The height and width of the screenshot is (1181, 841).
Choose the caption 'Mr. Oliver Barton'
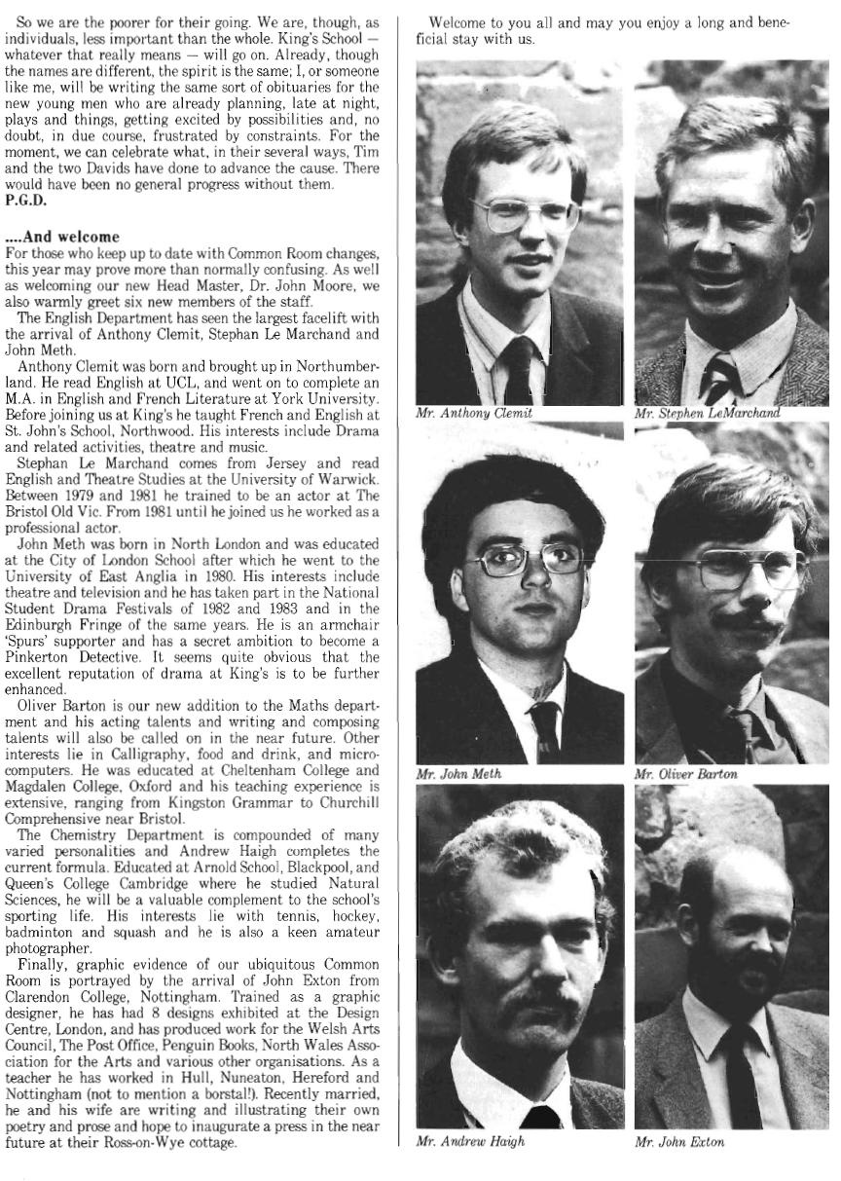pyautogui.click(x=685, y=774)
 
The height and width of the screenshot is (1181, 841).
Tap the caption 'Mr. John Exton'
pyautogui.click(x=679, y=1141)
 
